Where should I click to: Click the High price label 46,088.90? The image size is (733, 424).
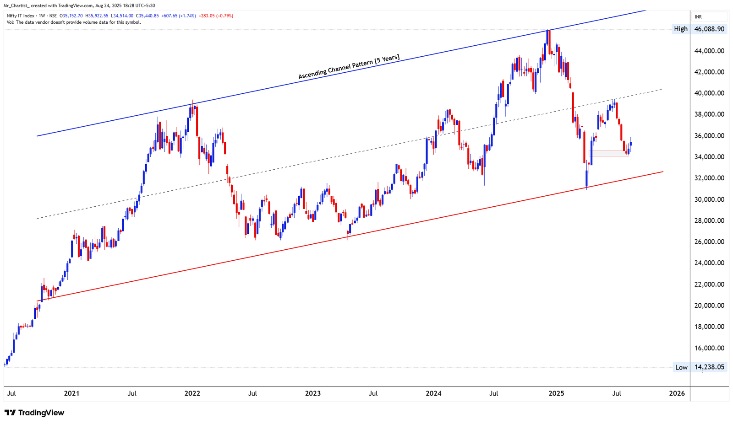[709, 29]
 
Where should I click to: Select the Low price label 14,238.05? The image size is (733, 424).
[709, 367]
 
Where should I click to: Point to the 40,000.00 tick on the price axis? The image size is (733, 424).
[709, 93]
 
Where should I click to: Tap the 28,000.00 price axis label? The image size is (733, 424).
[709, 221]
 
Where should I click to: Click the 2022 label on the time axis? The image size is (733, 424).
[192, 393]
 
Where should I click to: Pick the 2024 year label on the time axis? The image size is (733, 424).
[433, 393]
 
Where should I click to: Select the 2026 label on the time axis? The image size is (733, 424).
[677, 393]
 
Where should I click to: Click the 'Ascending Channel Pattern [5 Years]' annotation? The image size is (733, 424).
[349, 67]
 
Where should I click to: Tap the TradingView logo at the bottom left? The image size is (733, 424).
[35, 413]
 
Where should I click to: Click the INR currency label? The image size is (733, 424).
[698, 17]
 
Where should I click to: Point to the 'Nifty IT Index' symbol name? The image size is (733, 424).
[21, 16]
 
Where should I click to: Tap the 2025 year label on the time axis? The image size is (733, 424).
[556, 393]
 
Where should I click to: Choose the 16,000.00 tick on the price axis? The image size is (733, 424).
[709, 348]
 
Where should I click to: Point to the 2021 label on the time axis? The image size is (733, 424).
[71, 393]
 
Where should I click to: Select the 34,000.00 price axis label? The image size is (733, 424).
[709, 157]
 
